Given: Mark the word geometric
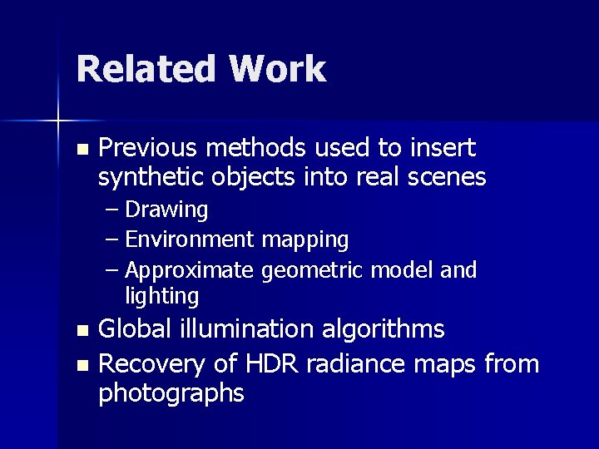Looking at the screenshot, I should click(314, 271).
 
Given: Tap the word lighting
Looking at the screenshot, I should click(161, 297).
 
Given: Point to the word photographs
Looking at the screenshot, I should click(171, 393).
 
